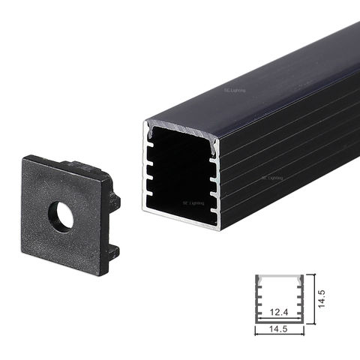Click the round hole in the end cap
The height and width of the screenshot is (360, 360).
(x=61, y=217)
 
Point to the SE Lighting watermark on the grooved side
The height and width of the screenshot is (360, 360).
(x=271, y=178)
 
